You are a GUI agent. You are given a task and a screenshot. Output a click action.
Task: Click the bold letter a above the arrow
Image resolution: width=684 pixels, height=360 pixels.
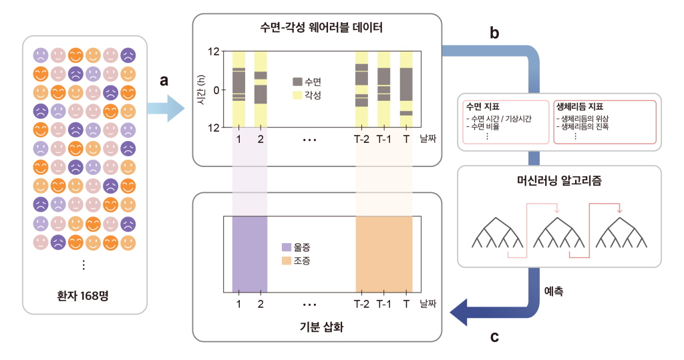pos(164,81)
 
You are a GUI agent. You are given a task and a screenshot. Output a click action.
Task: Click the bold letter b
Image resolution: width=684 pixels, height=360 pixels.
pos(494,33)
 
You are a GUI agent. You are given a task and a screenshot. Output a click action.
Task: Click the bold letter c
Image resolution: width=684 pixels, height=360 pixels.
pos(494,337)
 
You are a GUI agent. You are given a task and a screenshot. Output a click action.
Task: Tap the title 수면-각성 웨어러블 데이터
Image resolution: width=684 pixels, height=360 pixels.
pos(321,28)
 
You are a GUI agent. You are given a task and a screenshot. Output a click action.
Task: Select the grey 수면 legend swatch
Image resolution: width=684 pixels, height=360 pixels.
pos(297,82)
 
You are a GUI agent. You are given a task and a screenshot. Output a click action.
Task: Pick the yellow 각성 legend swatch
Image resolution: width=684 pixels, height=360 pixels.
pos(297,95)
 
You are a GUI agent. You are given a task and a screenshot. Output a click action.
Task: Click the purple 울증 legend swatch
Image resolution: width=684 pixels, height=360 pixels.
pos(287,247)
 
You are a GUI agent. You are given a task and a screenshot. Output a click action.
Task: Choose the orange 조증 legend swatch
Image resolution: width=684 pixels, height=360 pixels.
pos(287,261)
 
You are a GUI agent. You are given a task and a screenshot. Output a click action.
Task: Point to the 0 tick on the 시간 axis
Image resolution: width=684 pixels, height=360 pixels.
pos(216,90)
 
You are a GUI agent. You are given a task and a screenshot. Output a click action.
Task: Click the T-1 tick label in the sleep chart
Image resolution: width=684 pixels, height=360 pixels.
pos(384,139)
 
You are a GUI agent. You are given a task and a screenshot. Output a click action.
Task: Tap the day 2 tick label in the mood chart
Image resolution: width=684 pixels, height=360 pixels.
pos(261,304)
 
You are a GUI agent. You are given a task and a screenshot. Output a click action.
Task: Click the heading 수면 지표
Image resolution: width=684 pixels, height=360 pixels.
pos(483,106)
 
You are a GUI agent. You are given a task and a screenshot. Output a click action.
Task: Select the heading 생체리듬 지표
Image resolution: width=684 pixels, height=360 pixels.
pos(580,106)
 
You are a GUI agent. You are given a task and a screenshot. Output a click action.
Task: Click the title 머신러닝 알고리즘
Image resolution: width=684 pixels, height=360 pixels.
pos(559,180)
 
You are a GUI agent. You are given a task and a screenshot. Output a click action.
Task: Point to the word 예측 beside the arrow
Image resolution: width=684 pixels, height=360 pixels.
pos(554,291)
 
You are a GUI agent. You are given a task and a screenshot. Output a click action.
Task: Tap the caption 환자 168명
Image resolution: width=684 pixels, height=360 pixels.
pos(83,296)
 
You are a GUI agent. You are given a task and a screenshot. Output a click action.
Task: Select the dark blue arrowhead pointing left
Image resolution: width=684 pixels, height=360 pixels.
pos(459,313)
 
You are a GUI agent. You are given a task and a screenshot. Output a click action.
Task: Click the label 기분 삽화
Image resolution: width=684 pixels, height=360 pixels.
pos(321,327)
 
